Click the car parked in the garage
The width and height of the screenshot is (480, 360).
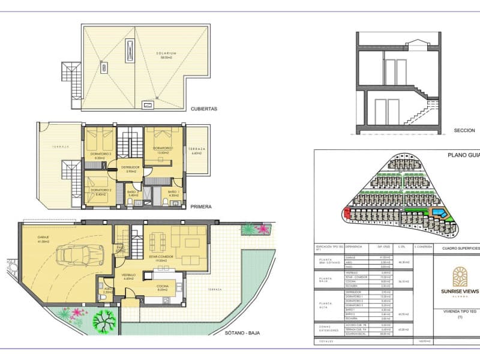click(x=78, y=256)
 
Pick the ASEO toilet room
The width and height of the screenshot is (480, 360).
click(x=109, y=290)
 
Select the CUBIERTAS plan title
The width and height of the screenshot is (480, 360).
click(x=203, y=109)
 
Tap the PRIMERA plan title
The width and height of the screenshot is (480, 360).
click(x=200, y=206)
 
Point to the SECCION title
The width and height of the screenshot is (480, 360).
click(x=464, y=130)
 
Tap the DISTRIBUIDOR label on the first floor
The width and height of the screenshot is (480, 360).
click(x=130, y=167)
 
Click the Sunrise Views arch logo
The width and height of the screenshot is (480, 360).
click(x=460, y=278)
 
